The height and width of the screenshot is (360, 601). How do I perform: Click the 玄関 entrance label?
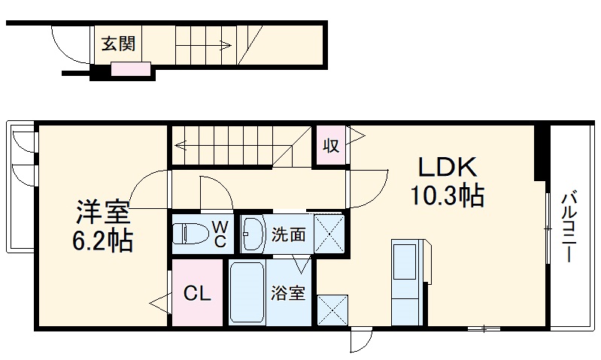[119, 44]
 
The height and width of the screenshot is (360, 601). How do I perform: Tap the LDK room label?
[445, 167]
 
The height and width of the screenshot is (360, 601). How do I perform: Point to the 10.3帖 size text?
[446, 197]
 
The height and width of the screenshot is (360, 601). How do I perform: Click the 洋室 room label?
[103, 213]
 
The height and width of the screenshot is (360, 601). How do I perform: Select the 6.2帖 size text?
[103, 241]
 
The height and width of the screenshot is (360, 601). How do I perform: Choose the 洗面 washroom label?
[288, 234]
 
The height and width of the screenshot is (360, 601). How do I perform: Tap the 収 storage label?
[331, 145]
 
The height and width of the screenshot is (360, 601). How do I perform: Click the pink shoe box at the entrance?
[132, 71]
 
